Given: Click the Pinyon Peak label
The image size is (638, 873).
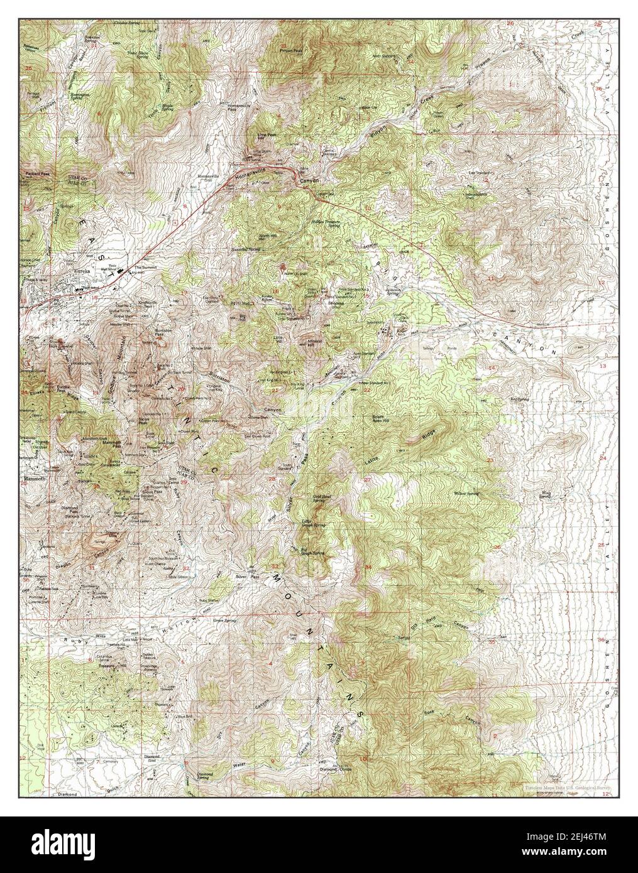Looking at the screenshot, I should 290,47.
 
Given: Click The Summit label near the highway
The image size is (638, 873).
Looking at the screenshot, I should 144,267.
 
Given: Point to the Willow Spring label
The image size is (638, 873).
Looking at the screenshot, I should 467,494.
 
